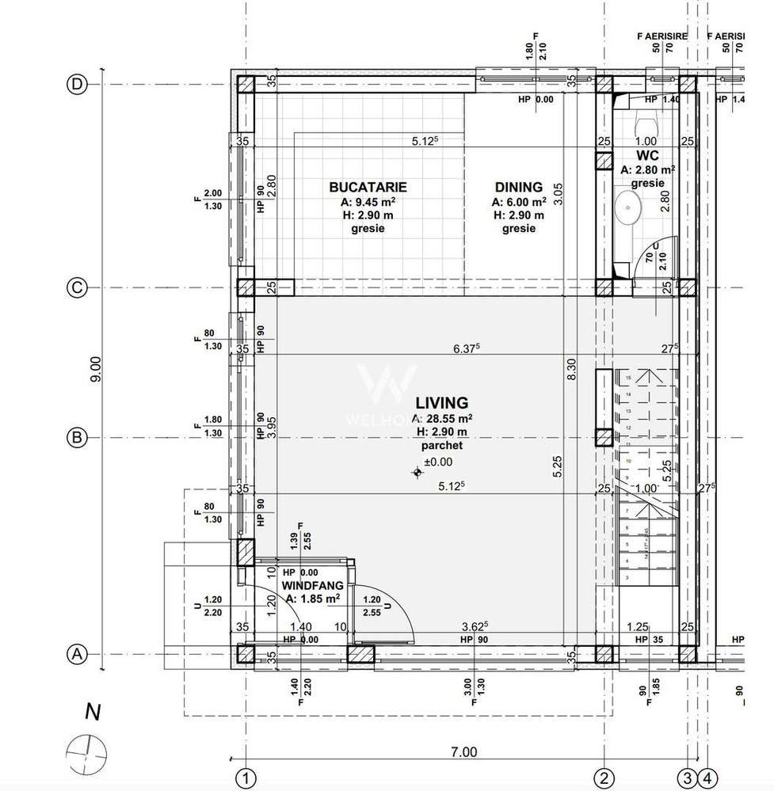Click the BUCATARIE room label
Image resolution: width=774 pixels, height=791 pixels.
coord(368,188)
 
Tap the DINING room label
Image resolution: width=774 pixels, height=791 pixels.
coord(518,188)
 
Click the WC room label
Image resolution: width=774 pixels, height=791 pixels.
coord(648,154)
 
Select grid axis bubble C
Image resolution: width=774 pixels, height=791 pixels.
coord(77,288)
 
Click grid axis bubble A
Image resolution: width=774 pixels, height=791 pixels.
coord(77,655)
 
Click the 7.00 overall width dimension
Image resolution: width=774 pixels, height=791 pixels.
coord(464,751)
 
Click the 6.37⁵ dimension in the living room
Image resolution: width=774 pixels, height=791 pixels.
coord(467,348)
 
